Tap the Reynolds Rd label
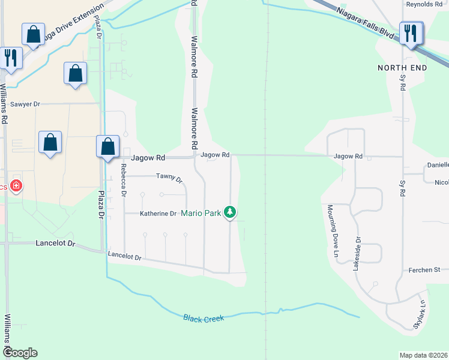(424, 4)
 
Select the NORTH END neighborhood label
(402, 68)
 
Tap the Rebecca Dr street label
(124, 181)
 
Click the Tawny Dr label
(169, 177)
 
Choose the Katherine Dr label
(158, 214)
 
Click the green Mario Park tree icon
(230, 211)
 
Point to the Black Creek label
(203, 318)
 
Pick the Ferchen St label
(425, 271)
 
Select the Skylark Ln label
(419, 314)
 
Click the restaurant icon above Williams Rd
(11, 57)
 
